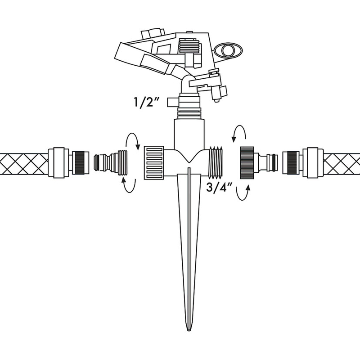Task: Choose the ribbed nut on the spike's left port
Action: click(154, 162)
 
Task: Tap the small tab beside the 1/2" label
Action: click(171, 102)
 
